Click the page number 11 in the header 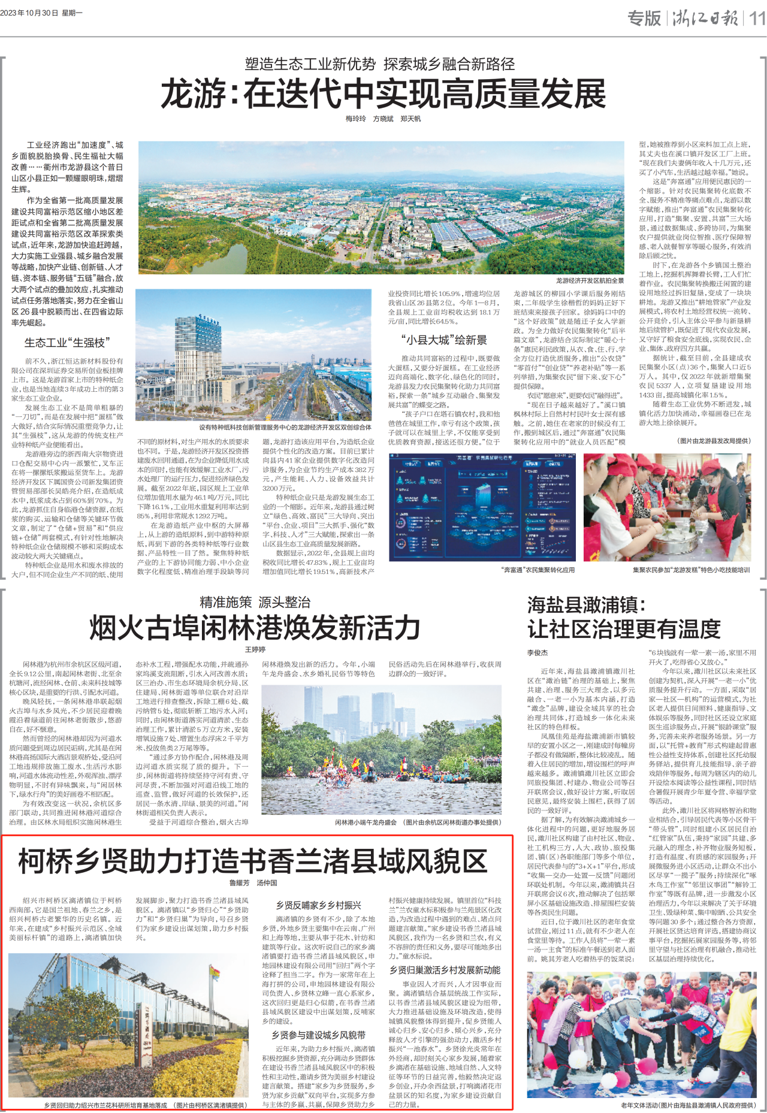tap(757, 18)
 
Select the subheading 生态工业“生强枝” tap(67, 343)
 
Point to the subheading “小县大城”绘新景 tap(444, 340)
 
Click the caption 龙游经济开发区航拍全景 tap(590, 281)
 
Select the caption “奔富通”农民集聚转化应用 tap(537, 570)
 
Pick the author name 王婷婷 tap(255, 649)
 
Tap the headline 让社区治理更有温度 tap(624, 629)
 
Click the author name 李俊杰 tap(537, 653)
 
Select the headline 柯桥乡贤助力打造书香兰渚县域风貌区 tap(253, 861)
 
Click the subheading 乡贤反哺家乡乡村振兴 tap(318, 905)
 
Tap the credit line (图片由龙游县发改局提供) tap(713, 441)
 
